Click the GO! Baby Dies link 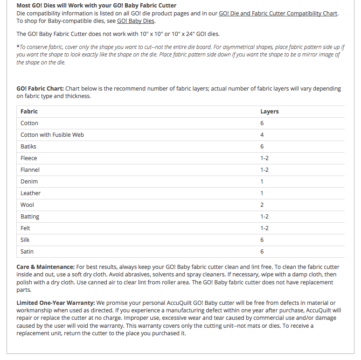tap(136, 21)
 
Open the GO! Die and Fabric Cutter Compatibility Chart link tap(278, 14)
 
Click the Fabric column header tap(29, 112)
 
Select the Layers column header tap(269, 112)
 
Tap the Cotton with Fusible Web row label tap(52, 135)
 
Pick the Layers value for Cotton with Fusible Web tap(262, 135)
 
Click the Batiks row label tap(28, 147)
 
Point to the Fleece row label tap(29, 158)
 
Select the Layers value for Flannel tap(264, 170)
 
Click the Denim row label tap(29, 182)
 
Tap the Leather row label tap(30, 193)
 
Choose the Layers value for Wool tap(262, 205)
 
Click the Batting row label tap(30, 217)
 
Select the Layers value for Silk tap(262, 240)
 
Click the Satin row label tap(27, 252)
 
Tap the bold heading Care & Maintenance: tap(45, 267)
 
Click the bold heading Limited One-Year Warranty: tap(56, 303)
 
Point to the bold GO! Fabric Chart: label tap(40, 89)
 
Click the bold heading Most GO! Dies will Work tap(96, 6)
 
